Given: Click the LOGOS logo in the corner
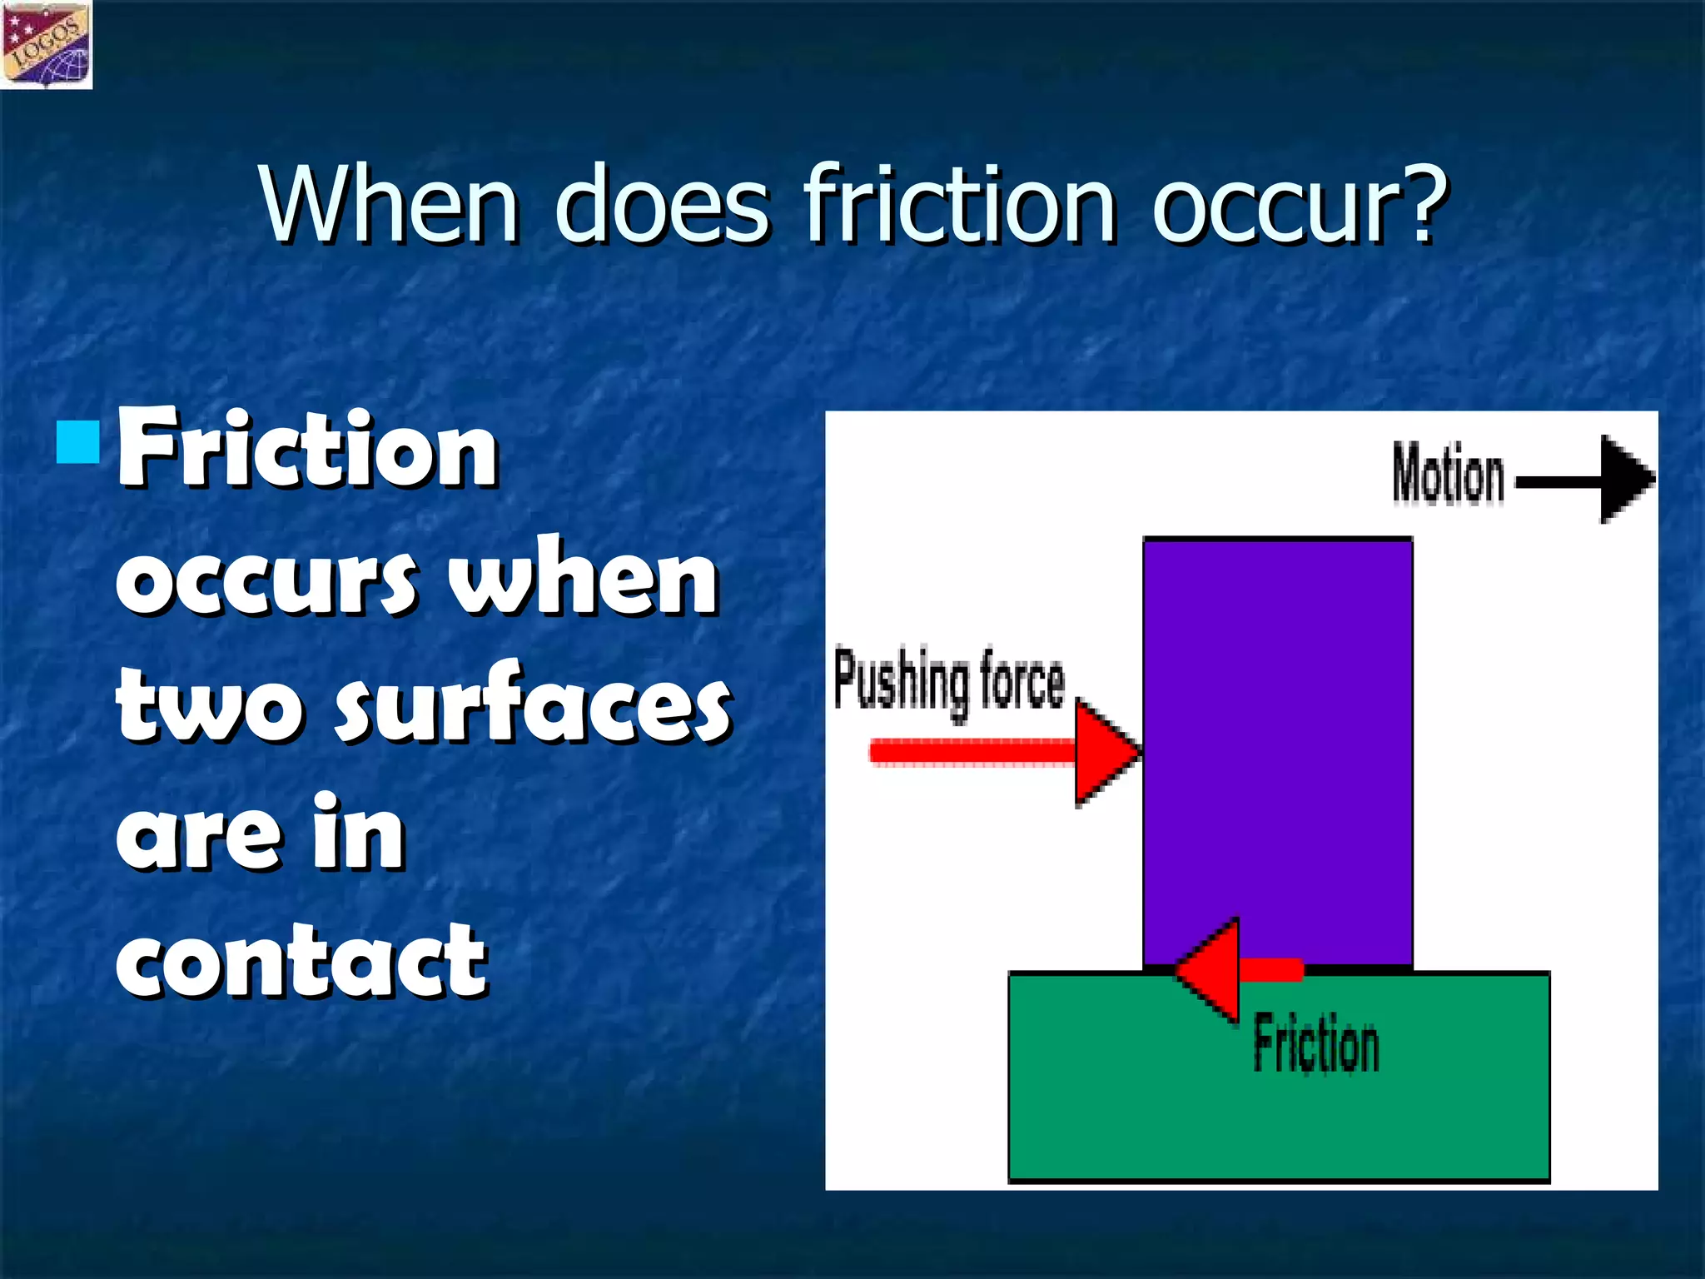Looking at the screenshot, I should [47, 44].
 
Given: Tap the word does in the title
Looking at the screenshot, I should [662, 204].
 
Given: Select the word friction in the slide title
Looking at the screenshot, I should [959, 204].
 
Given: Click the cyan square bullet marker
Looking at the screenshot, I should [79, 442].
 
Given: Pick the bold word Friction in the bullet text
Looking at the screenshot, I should [308, 450].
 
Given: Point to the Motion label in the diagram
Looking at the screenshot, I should [1449, 475].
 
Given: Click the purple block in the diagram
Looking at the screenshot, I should [1278, 733].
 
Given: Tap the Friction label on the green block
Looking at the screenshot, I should [1316, 1043].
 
